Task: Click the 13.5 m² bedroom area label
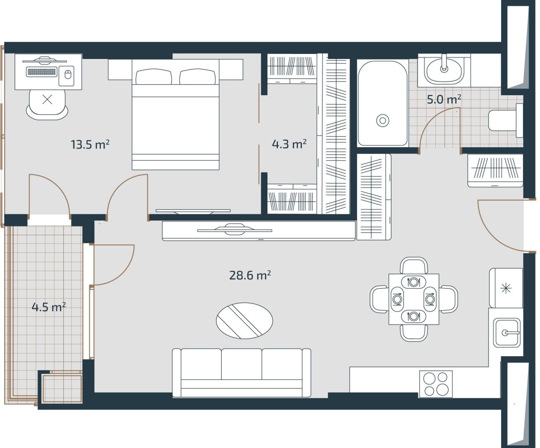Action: [x=90, y=145]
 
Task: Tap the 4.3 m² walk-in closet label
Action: [x=289, y=144]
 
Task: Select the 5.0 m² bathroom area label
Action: [x=443, y=99]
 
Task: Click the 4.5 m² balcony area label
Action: [x=49, y=307]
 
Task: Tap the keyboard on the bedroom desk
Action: [x=41, y=72]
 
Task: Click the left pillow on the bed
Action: [x=154, y=77]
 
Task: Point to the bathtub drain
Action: [x=383, y=121]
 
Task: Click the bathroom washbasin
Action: [x=444, y=69]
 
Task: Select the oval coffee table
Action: [x=244, y=320]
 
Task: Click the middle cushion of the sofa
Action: [x=241, y=365]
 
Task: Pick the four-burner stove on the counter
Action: [x=436, y=384]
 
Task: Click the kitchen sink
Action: [x=507, y=333]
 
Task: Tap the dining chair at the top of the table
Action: [x=414, y=266]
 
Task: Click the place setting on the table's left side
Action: [x=397, y=299]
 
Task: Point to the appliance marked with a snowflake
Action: [x=505, y=288]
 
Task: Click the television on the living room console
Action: [x=235, y=230]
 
